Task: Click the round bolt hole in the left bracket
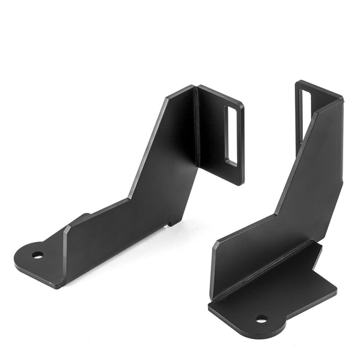[38, 254]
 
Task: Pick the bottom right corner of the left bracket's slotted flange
[241, 184]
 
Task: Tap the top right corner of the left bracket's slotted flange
[242, 106]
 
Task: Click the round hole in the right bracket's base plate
[261, 319]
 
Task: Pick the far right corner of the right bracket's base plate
[336, 289]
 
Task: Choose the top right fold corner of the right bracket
[341, 99]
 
